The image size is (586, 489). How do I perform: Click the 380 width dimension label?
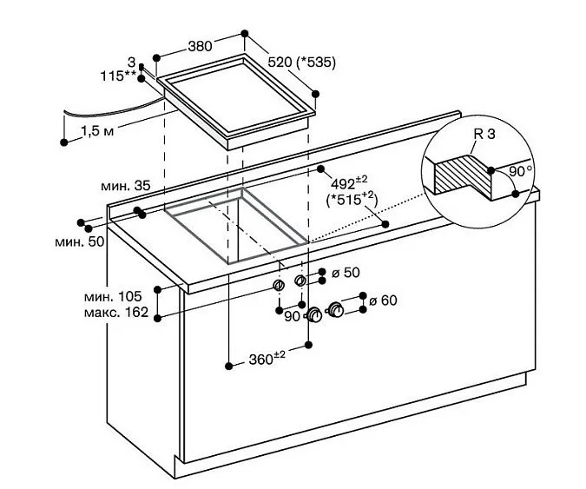[x=200, y=46]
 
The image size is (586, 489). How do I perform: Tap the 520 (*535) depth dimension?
[x=301, y=62]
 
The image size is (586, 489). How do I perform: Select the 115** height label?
[x=118, y=76]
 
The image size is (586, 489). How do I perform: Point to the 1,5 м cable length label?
[x=97, y=131]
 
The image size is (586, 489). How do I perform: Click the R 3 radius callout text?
[x=484, y=134]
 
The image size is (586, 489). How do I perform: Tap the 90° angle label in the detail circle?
[x=521, y=171]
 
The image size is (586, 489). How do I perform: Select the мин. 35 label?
[x=126, y=185]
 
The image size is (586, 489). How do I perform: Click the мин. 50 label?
[x=80, y=241]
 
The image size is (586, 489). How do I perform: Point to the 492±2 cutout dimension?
[x=349, y=182]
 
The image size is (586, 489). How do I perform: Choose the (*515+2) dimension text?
[x=352, y=199]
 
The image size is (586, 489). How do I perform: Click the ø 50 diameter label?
[x=346, y=273]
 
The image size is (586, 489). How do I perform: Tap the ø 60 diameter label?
[x=383, y=301]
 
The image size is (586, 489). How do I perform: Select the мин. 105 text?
[x=113, y=296]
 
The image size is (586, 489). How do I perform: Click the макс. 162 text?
[x=116, y=312]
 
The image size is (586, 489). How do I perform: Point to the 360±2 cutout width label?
[x=267, y=358]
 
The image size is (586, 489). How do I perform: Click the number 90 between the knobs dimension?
[x=293, y=317]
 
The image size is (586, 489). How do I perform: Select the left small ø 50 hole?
[x=279, y=285]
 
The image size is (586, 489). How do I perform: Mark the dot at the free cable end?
[x=64, y=142]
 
